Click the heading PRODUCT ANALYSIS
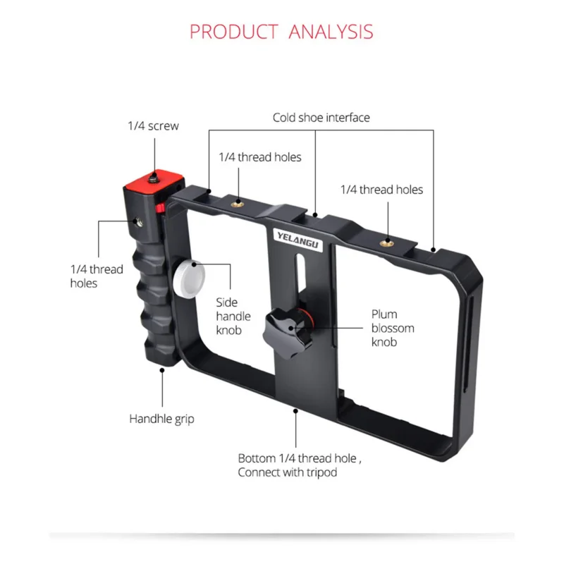[281, 32]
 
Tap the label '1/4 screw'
[153, 126]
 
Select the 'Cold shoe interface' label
[321, 118]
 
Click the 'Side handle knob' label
[233, 315]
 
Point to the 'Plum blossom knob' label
[393, 328]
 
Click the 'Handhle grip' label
[161, 419]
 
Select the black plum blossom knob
[283, 328]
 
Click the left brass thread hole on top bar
[238, 203]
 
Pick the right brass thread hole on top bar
[386, 242]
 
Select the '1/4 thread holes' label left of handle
[97, 276]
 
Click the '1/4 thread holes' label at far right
[381, 190]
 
